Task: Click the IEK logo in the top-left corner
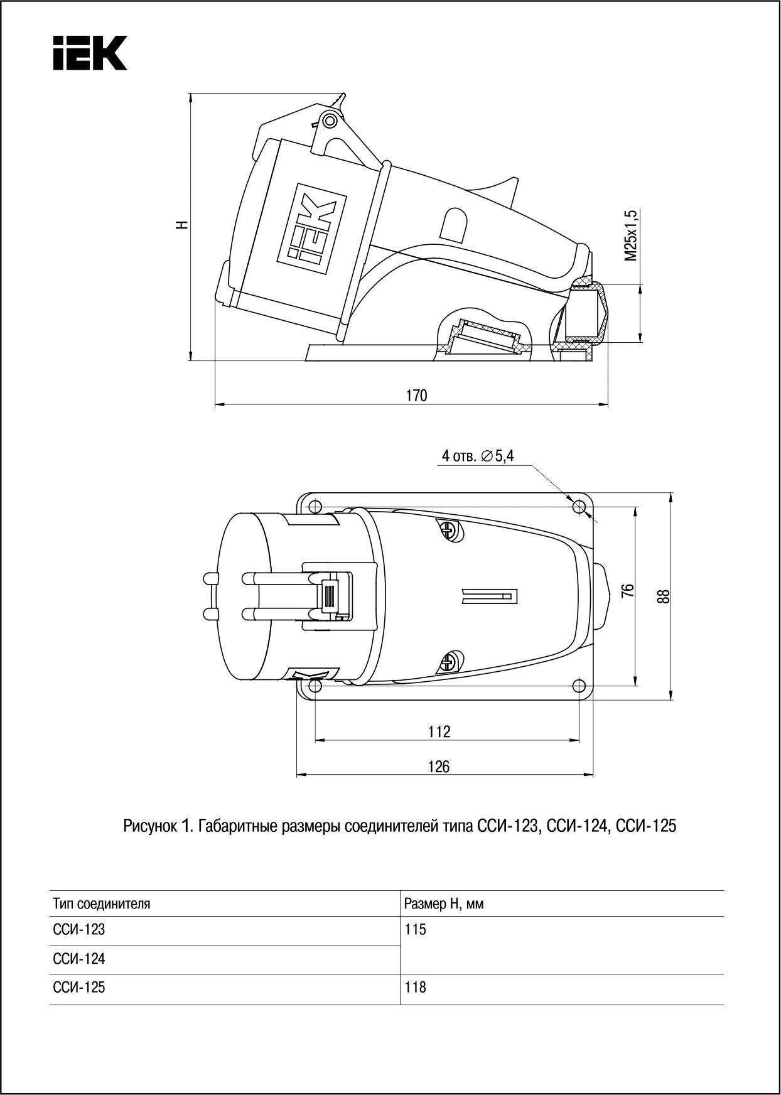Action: pyautogui.click(x=90, y=52)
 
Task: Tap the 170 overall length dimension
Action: pyautogui.click(x=416, y=395)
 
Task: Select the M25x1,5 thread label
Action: pyautogui.click(x=630, y=235)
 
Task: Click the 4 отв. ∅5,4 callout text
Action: pyautogui.click(x=477, y=456)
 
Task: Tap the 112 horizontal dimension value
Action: pyautogui.click(x=439, y=731)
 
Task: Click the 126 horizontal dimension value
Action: pyautogui.click(x=439, y=767)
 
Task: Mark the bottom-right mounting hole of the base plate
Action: pyautogui.click(x=578, y=685)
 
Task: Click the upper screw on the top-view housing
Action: pyautogui.click(x=450, y=531)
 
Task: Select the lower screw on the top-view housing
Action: pyautogui.click(x=450, y=661)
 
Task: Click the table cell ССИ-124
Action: pyautogui.click(x=79, y=959)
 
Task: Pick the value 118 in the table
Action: pyautogui.click(x=416, y=988)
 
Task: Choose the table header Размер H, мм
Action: pyautogui.click(x=444, y=904)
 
